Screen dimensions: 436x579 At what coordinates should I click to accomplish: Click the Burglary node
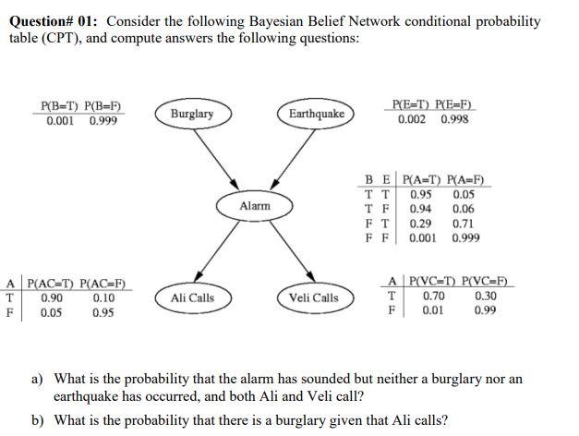[x=192, y=114]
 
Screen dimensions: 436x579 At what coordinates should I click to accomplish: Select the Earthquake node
[x=317, y=114]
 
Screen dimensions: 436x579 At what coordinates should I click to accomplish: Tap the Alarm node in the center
[x=255, y=206]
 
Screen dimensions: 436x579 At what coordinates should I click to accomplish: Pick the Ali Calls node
[x=192, y=297]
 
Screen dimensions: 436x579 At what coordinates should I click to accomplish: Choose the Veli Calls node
[x=313, y=297]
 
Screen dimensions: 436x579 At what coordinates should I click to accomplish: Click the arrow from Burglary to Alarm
[x=222, y=158]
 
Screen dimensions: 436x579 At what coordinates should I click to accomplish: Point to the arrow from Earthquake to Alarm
[x=287, y=158]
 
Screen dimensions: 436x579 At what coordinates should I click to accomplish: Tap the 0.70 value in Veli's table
[x=434, y=296]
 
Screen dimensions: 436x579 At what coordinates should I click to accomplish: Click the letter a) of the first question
[x=38, y=379]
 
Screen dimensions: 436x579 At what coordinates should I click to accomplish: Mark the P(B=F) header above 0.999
[x=103, y=107]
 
